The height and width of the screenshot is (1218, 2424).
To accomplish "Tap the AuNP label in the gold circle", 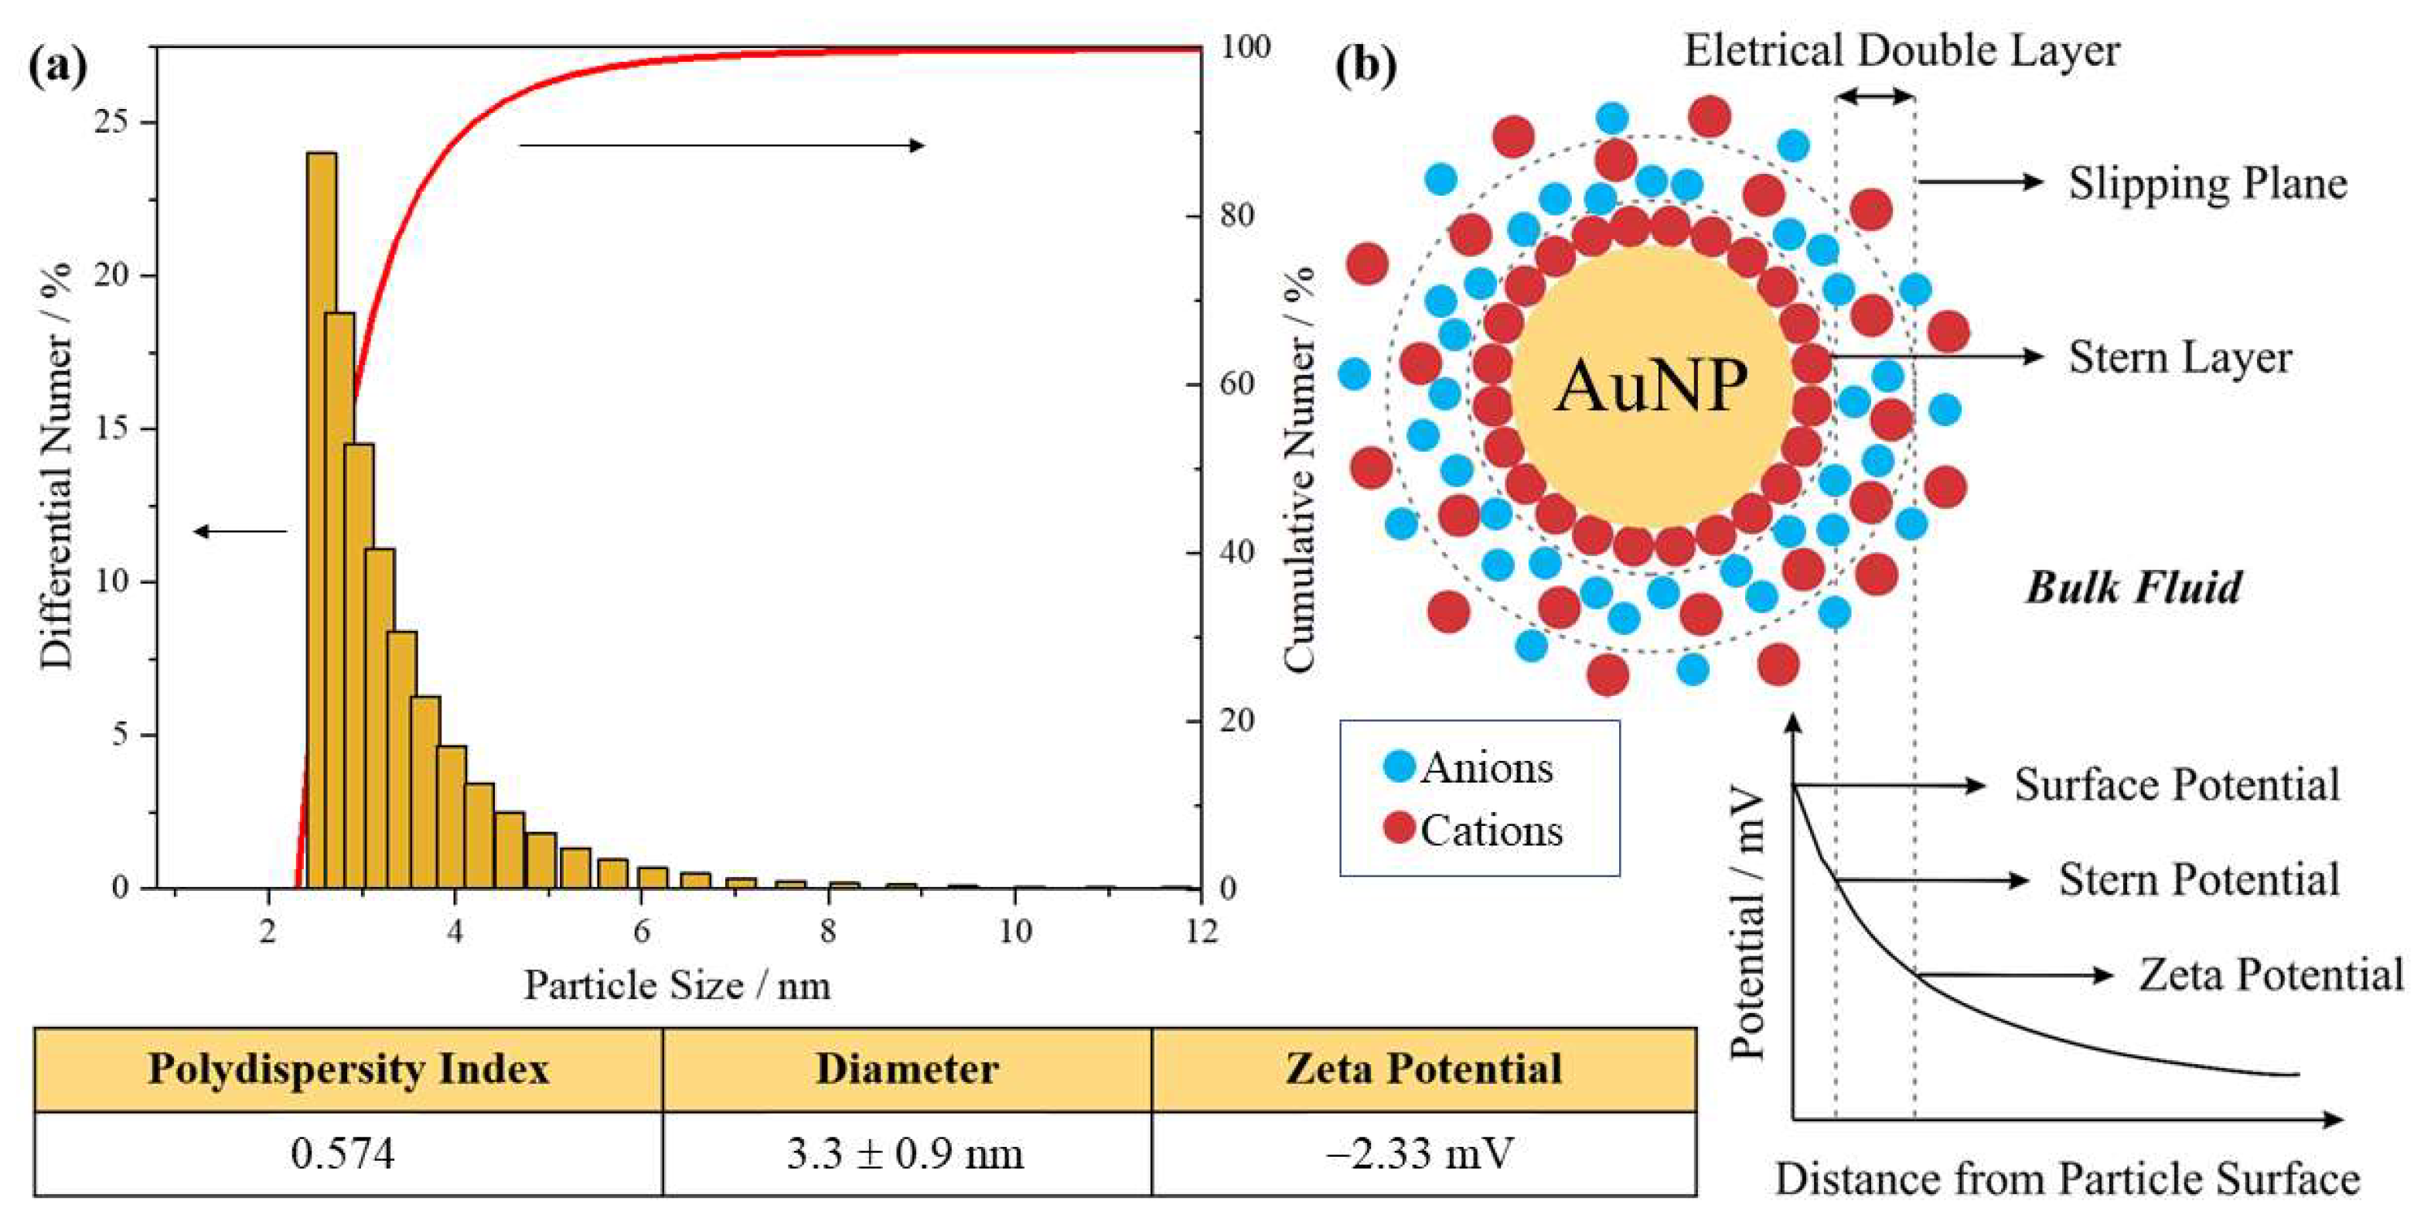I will tap(1652, 386).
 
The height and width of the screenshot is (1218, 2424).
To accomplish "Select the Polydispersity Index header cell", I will tap(348, 1070).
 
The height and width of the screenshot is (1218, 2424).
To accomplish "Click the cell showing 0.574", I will tap(343, 1153).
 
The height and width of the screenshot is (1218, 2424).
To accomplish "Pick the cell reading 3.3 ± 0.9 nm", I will tap(905, 1153).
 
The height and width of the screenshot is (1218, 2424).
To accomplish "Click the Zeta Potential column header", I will tap(1423, 1070).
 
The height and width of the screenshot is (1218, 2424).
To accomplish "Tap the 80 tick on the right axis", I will tap(1236, 216).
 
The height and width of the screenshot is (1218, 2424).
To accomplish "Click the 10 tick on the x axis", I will tap(1014, 932).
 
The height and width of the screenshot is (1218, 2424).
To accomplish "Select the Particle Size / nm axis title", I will tap(677, 985).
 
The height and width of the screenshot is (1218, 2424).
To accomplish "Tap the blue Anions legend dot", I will tap(1400, 766).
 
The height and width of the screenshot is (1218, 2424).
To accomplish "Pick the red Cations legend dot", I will tap(1400, 828).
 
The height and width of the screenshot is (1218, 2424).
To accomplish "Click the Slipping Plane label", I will tap(2207, 183).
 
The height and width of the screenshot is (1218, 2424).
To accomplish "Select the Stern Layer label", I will tap(2180, 358).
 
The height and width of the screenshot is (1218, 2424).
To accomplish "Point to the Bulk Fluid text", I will tap(2133, 588).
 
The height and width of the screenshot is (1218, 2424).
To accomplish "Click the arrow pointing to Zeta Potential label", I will tap(2013, 975).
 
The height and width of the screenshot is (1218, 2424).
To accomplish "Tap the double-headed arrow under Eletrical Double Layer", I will tap(1875, 96).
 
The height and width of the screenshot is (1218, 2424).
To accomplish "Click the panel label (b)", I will tap(1365, 66).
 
